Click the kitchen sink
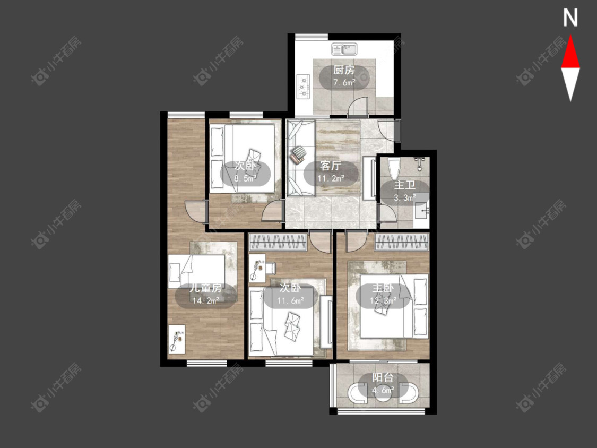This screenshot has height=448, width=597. (344, 49)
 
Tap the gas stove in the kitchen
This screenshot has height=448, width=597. (304, 87)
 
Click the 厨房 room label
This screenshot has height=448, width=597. (344, 70)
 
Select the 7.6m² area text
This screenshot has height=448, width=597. (344, 82)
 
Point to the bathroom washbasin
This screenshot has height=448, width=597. (421, 211)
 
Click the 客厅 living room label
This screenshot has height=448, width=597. (331, 166)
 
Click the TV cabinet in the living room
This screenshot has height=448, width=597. (369, 178)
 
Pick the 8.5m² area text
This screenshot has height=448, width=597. (245, 178)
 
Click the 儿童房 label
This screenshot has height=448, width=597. (206, 288)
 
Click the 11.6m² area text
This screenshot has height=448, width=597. (290, 301)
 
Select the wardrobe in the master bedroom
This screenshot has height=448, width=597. (402, 242)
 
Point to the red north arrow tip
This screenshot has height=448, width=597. (570, 36)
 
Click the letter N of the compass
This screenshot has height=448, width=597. (570, 18)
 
